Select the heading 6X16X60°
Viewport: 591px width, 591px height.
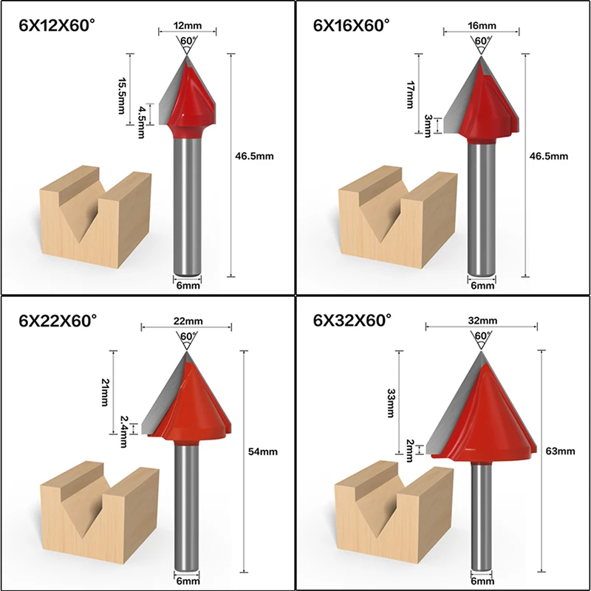pyautogui.click(x=352, y=25)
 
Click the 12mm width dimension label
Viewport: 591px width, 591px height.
pyautogui.click(x=187, y=26)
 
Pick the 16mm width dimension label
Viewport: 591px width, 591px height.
pyautogui.click(x=482, y=25)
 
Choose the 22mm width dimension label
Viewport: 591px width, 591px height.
pyautogui.click(x=186, y=321)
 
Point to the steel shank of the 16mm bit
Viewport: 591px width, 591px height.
pyautogui.click(x=482, y=207)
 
